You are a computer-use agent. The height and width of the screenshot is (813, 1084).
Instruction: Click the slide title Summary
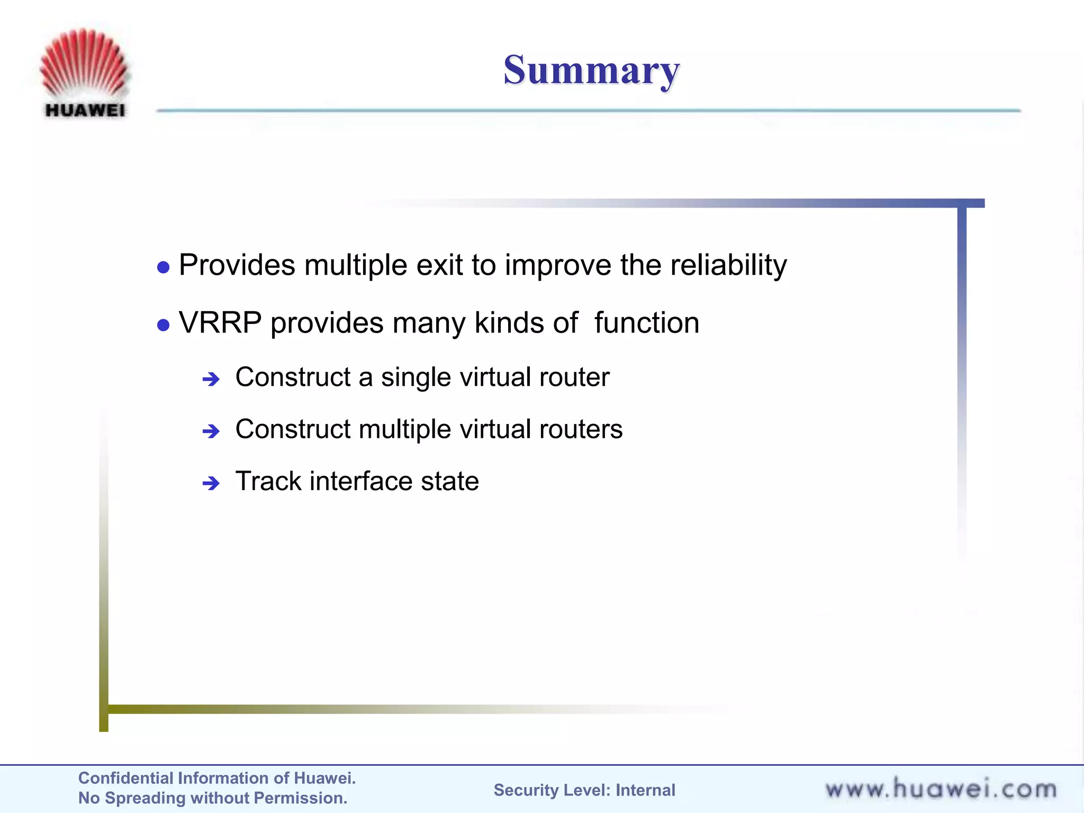pyautogui.click(x=591, y=70)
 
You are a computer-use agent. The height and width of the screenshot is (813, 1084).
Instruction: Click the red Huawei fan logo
pyautogui.click(x=85, y=64)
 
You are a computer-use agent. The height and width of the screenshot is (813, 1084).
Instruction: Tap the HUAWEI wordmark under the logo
pyautogui.click(x=85, y=110)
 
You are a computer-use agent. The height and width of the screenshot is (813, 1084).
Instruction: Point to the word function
pyautogui.click(x=646, y=323)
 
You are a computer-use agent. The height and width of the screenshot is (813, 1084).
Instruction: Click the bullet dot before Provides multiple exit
pyautogui.click(x=164, y=267)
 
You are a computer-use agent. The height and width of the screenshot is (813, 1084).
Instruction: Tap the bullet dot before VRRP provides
pyautogui.click(x=164, y=325)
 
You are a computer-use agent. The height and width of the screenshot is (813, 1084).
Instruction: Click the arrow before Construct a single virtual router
pyautogui.click(x=211, y=379)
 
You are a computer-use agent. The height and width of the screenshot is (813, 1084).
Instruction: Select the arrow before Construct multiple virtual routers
pyautogui.click(x=211, y=431)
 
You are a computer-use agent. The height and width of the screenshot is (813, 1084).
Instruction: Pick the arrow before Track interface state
pyautogui.click(x=211, y=483)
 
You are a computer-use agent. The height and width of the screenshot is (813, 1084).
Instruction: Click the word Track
pyautogui.click(x=268, y=481)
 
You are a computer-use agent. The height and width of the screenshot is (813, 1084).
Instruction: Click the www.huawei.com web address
pyautogui.click(x=941, y=789)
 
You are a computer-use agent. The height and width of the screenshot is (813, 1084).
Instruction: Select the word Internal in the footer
pyautogui.click(x=645, y=790)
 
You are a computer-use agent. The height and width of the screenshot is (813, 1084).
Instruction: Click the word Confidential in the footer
pyautogui.click(x=125, y=778)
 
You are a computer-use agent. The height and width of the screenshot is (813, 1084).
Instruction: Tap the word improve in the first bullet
pyautogui.click(x=558, y=266)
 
